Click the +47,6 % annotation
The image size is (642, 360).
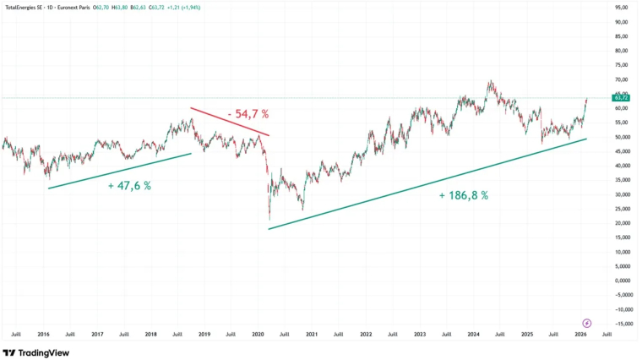tap(129, 185)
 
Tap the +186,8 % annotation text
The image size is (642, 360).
tap(463, 195)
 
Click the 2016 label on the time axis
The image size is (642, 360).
tap(43, 335)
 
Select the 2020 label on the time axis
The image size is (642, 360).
tap(258, 335)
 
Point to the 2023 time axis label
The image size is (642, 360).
tap(420, 335)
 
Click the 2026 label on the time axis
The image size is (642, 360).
tap(581, 335)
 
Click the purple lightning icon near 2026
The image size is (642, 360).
tap(587, 323)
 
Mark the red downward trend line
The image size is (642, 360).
tap(230, 122)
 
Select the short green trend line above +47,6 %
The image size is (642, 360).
tap(119, 171)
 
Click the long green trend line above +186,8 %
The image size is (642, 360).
tap(427, 183)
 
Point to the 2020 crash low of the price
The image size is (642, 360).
tap(269, 219)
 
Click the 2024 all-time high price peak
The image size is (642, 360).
tap(489, 81)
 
